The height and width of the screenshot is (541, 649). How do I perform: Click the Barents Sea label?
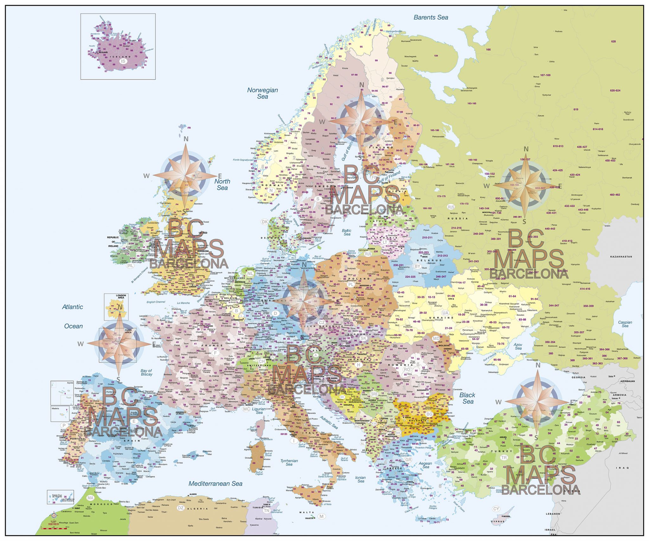431,17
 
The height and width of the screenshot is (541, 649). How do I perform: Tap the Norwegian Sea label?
262,93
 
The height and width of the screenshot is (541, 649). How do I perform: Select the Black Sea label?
468,398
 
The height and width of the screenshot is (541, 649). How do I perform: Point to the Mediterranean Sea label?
215,484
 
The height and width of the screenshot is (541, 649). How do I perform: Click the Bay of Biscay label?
146,372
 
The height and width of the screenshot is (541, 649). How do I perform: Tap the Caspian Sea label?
625,324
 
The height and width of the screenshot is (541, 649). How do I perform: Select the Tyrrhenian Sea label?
289,462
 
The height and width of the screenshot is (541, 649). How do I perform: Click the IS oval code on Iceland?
123,61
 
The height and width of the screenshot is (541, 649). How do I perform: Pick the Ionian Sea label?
360,479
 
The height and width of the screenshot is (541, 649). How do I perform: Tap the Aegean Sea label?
425,465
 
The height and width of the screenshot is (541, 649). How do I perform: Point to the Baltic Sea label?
347,232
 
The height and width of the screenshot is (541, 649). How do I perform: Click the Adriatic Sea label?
329,422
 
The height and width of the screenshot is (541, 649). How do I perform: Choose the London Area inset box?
116,307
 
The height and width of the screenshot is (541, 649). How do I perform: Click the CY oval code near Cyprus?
496,509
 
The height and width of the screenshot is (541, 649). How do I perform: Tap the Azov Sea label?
518,346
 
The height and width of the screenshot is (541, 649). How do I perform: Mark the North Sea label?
222,184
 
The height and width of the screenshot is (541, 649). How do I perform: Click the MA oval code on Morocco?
91,498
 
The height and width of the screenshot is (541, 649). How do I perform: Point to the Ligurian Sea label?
259,411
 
